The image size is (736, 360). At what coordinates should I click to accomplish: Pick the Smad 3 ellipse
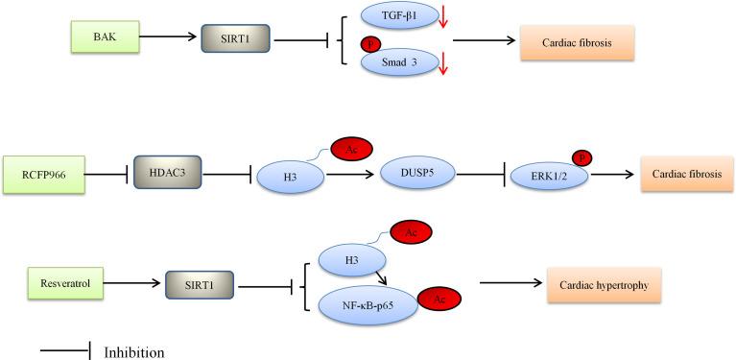(x=396, y=61)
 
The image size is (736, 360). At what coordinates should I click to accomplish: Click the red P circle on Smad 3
(x=366, y=44)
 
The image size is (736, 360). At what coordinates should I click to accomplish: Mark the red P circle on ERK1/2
(x=582, y=156)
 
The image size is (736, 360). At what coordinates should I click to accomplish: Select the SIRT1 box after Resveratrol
(x=201, y=285)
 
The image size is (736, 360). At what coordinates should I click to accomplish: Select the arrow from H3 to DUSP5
(x=351, y=175)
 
